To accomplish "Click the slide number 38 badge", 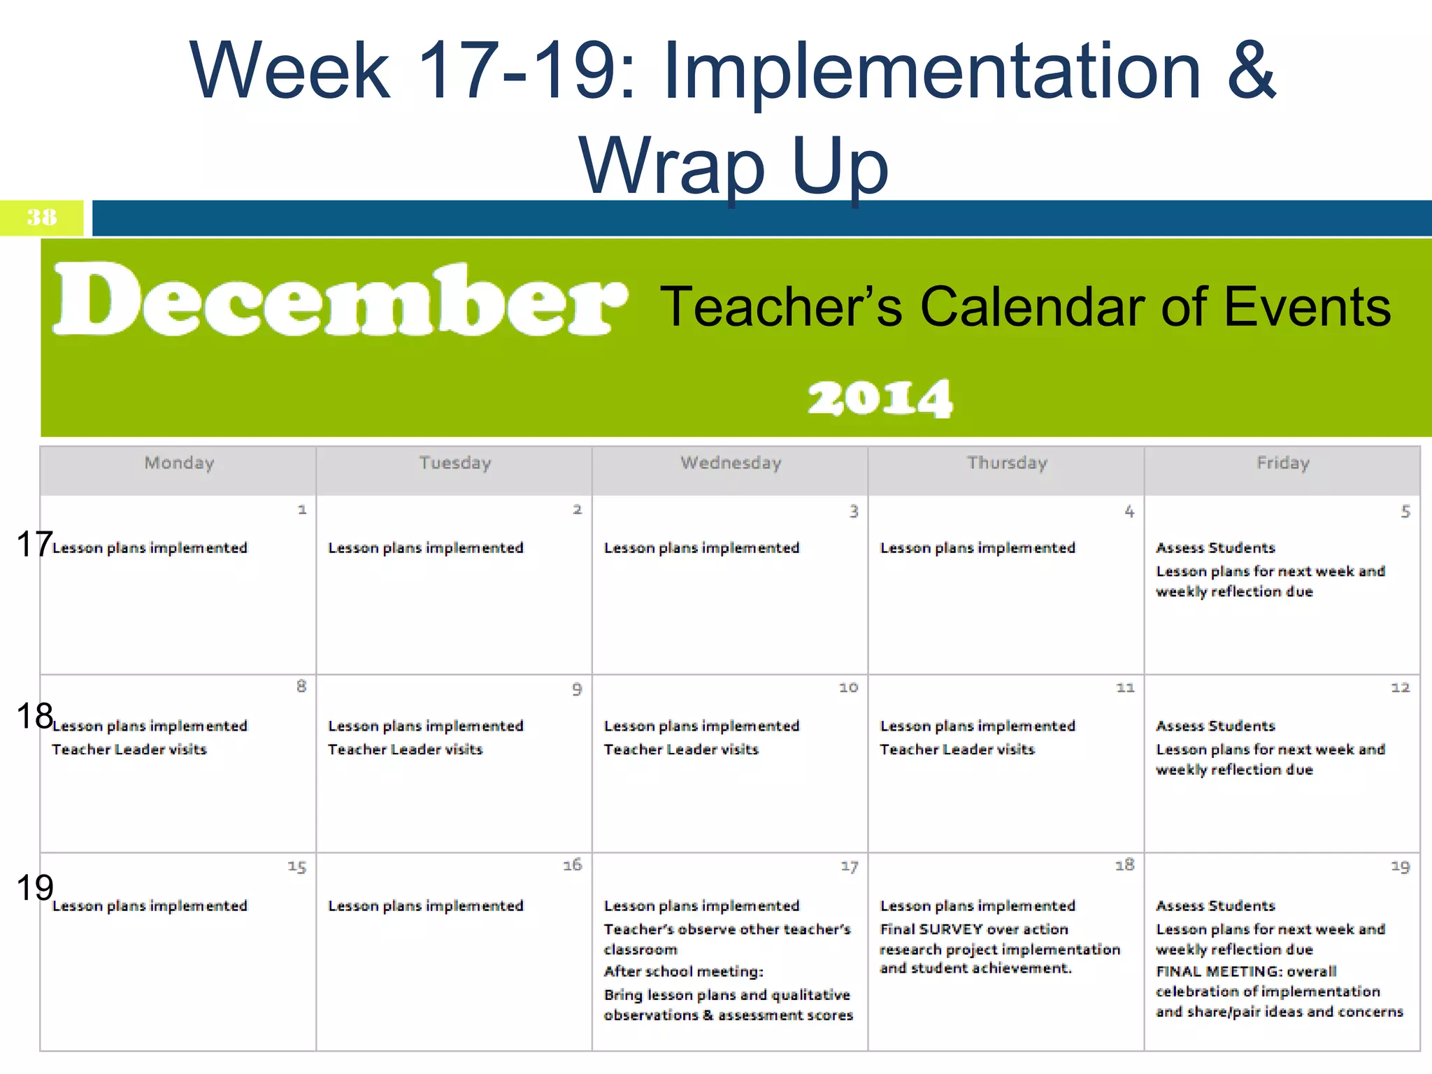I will coord(42,217).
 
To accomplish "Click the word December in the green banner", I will coord(341,301).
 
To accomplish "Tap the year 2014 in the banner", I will coord(880,399).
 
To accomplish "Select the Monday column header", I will coord(179,463).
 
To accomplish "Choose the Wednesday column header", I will coord(731,463).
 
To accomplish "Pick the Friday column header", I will coord(1282,463).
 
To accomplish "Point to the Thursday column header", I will coord(1007,463).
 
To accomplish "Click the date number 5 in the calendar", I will coord(1405,512).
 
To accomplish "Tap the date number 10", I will coord(848,688).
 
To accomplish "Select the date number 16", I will coord(572,866).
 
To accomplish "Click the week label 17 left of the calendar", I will coord(34,544).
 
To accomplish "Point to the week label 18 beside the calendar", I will coord(34,716).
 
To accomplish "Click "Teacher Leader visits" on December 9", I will coord(405,750).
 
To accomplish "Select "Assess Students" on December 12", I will coord(1215,726).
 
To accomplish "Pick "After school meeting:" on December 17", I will coord(683,971).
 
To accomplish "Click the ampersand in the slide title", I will coord(1251,70).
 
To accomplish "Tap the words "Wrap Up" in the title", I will coord(733,166).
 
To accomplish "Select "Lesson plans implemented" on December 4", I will coord(977,548).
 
